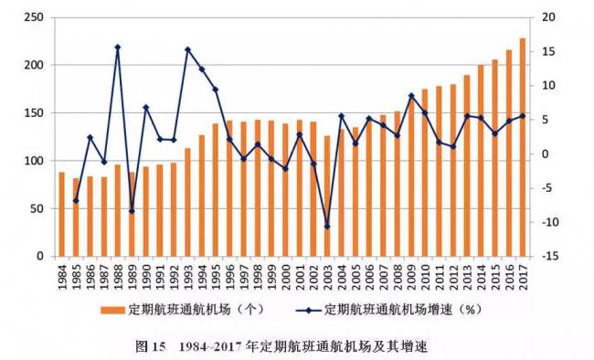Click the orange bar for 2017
(x=524, y=147)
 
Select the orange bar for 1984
(x=62, y=214)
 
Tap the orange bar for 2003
(x=327, y=196)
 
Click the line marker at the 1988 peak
(x=118, y=47)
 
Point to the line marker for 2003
(x=327, y=226)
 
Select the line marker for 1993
(x=187, y=49)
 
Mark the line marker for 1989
(x=132, y=211)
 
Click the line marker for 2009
(x=411, y=95)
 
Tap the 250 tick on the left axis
(x=35, y=17)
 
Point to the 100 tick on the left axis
(x=35, y=161)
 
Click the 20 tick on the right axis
(x=547, y=17)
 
